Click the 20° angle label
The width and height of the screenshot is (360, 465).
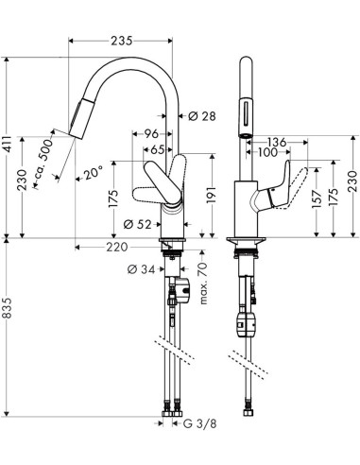[92, 174]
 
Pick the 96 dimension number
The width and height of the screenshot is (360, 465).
[151, 135]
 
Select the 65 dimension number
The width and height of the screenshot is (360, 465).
[156, 149]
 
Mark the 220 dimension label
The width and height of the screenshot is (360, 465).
[116, 248]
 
